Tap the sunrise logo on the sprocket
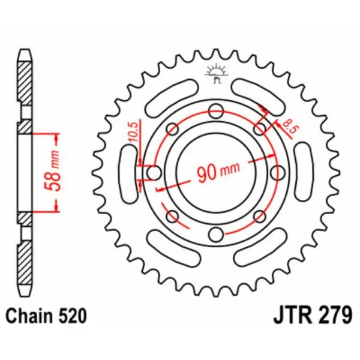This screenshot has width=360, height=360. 215,73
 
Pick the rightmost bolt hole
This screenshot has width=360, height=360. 277,173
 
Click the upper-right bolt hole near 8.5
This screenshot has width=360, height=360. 259,129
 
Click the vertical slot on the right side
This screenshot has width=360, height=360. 302,173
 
